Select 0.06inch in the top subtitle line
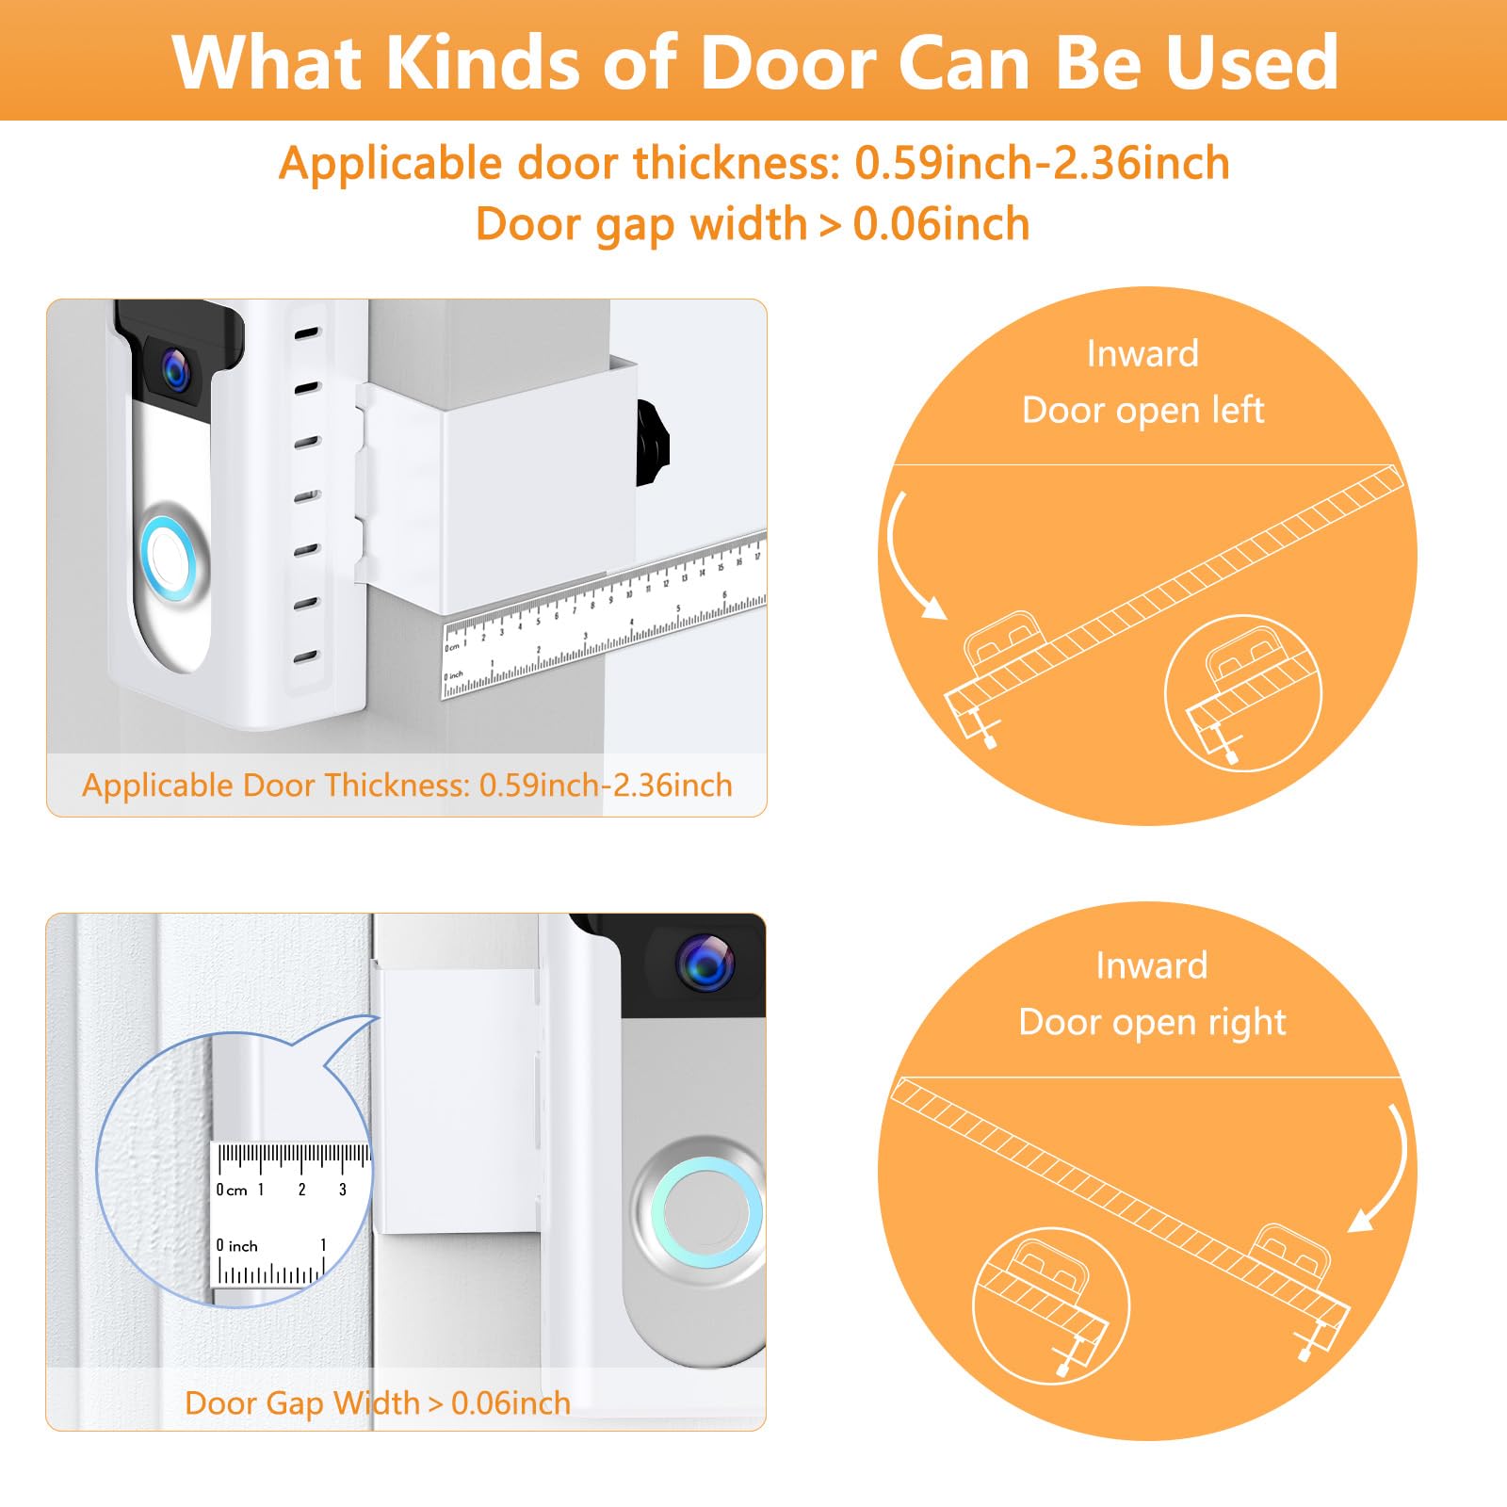click(x=941, y=224)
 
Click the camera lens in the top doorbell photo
click(x=176, y=370)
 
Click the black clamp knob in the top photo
click(x=652, y=442)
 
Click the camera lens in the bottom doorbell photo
click(x=704, y=962)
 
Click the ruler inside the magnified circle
click(x=283, y=1215)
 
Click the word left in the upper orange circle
click(x=1237, y=411)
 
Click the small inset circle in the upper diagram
click(x=1243, y=693)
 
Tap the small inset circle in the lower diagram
click(x=1050, y=1305)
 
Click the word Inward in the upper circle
click(x=1142, y=354)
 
